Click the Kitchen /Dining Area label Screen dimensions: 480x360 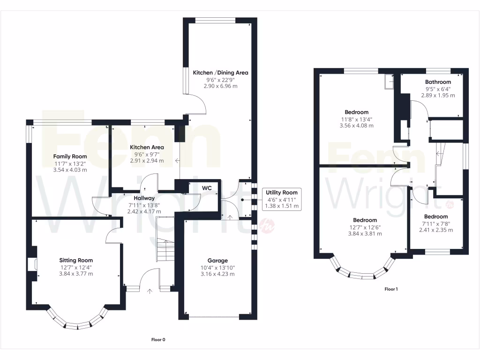click(220, 73)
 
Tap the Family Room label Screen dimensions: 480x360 click(70, 157)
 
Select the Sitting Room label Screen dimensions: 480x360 click(76, 260)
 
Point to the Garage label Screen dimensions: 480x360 click(217, 261)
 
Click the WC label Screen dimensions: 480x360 click(207, 188)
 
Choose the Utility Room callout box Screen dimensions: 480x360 click(282, 199)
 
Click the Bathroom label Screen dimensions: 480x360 click(438, 82)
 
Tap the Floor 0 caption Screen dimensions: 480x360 click(158, 339)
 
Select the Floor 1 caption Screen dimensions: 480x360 click(391, 289)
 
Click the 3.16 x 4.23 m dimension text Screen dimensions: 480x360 click(217, 274)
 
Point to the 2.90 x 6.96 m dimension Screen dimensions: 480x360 click(220, 86)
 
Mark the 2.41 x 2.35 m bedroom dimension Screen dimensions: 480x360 click(436, 230)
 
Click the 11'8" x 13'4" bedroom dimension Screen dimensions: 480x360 click(357, 120)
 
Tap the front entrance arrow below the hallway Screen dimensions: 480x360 click(150, 291)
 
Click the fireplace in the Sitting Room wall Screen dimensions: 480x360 click(32, 264)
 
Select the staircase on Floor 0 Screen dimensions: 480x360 click(165, 239)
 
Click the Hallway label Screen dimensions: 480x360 click(144, 198)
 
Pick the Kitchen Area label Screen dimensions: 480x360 click(147, 147)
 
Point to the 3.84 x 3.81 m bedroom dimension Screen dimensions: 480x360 click(365, 233)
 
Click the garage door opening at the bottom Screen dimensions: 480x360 click(214, 316)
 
